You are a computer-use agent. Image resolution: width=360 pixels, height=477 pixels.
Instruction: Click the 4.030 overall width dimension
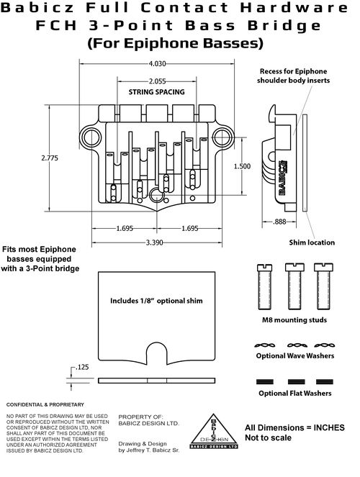coord(158,64)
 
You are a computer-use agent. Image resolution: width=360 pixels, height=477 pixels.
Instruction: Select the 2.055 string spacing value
coord(158,81)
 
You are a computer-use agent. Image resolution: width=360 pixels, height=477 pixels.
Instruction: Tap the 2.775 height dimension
coord(50,158)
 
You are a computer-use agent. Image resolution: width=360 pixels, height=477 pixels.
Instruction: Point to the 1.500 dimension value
coord(242,166)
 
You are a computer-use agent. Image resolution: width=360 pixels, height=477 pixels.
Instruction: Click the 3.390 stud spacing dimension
coord(155,242)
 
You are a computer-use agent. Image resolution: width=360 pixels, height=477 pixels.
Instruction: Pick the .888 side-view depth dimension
coord(279,222)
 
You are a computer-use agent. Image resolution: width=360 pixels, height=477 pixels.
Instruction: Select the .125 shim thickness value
coord(81,367)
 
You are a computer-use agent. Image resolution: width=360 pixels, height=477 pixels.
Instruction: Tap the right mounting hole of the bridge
coord(223,137)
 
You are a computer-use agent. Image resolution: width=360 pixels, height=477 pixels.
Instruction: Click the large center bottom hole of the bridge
coord(157,195)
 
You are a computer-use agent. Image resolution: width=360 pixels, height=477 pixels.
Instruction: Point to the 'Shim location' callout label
coord(312,242)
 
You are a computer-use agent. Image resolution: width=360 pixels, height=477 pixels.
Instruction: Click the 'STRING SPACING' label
coord(156,92)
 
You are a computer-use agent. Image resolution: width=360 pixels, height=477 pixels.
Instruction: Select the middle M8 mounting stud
coord(294,286)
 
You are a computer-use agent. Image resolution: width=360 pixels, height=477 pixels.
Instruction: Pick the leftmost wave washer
coord(265,345)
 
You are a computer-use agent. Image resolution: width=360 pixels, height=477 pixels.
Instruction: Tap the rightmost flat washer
coord(325,381)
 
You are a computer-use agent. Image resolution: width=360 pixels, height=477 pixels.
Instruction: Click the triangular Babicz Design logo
coord(214,431)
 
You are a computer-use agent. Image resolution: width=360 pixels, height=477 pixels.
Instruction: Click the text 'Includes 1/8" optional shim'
coord(156,301)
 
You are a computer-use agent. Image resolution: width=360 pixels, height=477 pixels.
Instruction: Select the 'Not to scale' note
coord(268,437)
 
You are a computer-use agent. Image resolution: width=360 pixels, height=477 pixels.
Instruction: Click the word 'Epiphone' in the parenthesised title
coord(162,43)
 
